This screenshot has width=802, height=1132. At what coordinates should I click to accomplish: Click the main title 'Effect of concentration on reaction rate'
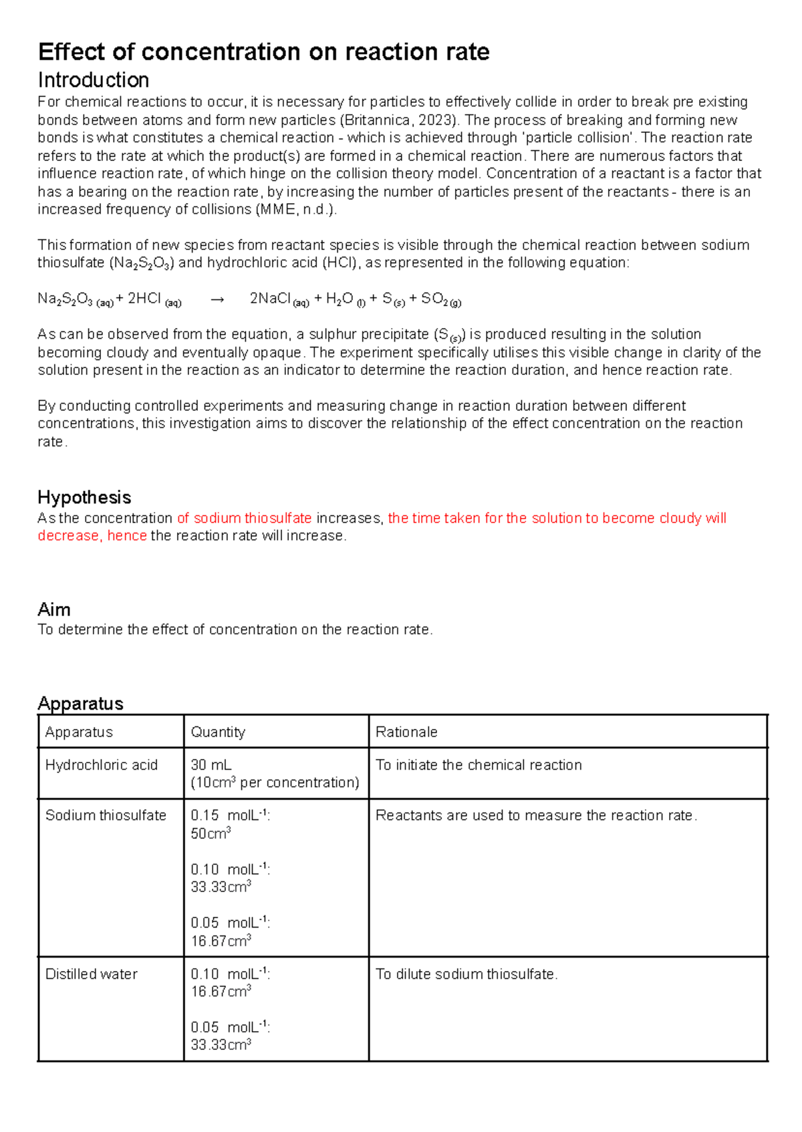[x=264, y=52]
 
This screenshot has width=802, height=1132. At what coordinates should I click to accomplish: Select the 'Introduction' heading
[x=94, y=80]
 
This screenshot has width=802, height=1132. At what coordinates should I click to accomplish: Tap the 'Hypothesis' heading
[x=84, y=497]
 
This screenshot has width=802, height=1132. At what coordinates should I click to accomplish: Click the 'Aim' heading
[x=54, y=609]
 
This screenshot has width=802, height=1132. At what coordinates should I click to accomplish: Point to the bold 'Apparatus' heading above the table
[x=81, y=703]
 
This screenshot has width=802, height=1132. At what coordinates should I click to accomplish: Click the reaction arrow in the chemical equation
[x=217, y=300]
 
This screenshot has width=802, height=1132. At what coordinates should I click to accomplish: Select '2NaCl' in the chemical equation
[x=271, y=299]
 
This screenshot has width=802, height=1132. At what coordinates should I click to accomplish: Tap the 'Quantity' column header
[x=218, y=732]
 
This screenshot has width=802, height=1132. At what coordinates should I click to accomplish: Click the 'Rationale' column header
[x=406, y=732]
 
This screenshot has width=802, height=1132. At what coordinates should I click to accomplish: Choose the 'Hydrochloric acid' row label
[x=102, y=764]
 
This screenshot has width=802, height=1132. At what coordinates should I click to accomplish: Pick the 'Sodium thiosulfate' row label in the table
[x=106, y=815]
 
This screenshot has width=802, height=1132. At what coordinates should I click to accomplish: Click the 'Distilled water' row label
[x=92, y=974]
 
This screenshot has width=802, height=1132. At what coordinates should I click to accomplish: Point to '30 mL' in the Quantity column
[x=211, y=764]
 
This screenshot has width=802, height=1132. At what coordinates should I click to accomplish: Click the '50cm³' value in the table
[x=211, y=833]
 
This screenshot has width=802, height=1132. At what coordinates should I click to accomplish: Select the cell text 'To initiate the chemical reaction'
[x=479, y=764]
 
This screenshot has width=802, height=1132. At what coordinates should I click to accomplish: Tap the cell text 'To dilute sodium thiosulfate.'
[x=466, y=974]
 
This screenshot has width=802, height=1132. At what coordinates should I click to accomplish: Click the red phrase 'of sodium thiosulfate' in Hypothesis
[x=245, y=518]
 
